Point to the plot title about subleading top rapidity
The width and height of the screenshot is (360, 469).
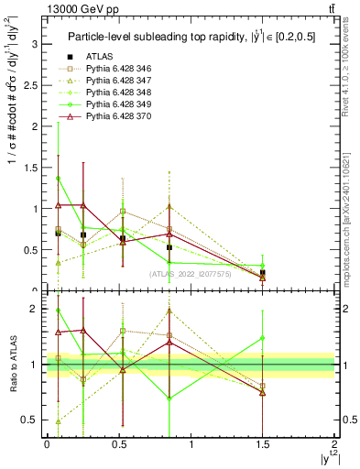coord(189,37)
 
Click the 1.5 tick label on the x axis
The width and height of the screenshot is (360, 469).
coord(262,444)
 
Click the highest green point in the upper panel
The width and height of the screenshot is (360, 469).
coord(59,178)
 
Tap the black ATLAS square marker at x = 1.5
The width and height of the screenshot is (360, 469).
coord(263,273)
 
